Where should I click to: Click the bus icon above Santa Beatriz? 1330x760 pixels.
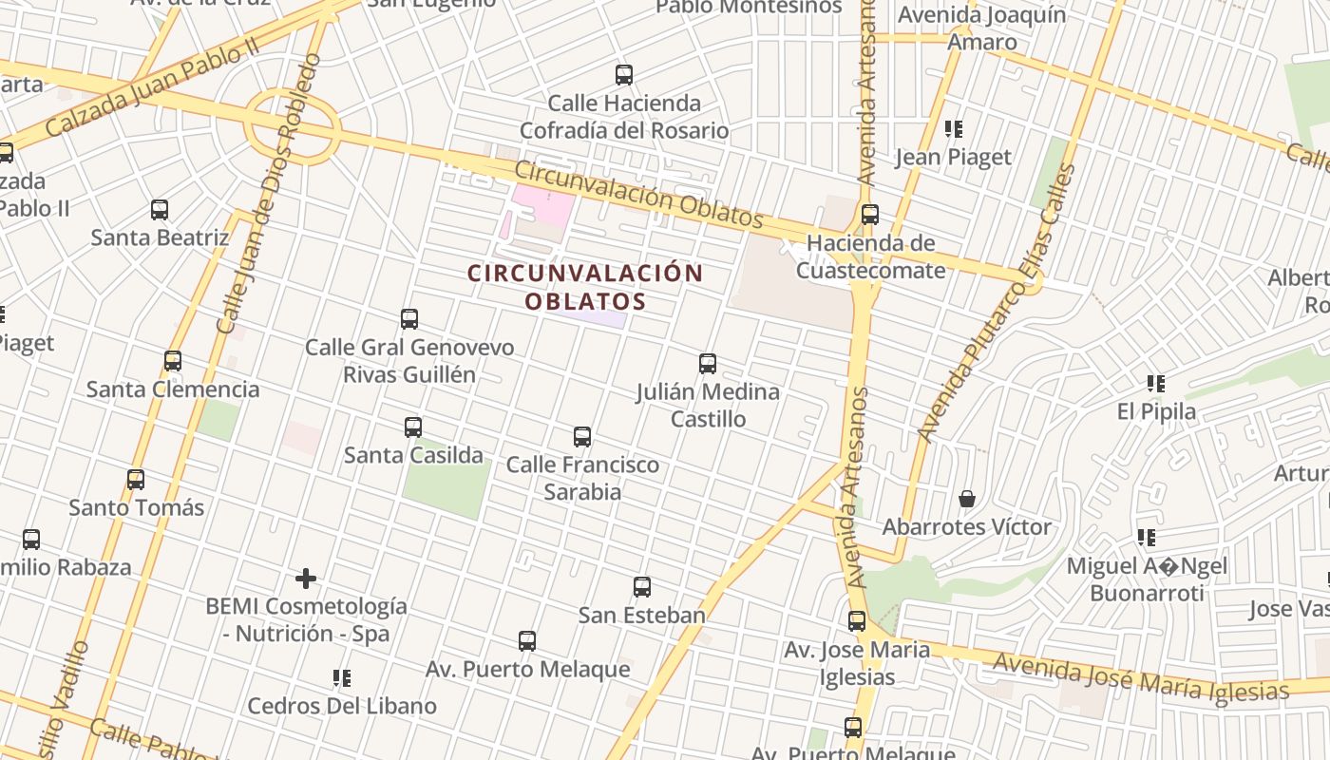point(160,210)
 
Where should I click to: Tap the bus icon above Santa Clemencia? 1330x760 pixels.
point(173,361)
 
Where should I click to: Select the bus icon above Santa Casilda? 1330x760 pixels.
point(413,427)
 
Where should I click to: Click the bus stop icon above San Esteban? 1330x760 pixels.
point(642,587)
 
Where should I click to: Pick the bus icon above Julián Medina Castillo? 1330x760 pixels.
point(708,363)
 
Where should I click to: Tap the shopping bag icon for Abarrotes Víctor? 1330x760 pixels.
point(967,499)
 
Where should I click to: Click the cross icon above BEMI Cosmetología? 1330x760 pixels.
point(306,578)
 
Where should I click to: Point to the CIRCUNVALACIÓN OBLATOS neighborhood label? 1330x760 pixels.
point(585,287)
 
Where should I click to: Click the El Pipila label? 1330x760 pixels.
point(1156,412)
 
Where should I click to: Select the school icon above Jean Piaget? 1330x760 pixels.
point(954,129)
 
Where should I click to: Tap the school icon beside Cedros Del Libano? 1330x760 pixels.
point(342,678)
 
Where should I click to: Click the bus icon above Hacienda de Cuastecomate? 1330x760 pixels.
point(869,215)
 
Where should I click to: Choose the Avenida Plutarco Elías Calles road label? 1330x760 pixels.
point(997,304)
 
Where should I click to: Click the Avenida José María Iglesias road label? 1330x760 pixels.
point(1140,676)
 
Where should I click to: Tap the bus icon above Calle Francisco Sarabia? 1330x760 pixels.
point(582,437)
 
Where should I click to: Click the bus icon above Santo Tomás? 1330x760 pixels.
point(136,480)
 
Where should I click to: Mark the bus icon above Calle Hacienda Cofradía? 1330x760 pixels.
point(624,75)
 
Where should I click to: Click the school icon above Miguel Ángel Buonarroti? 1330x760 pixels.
point(1147,539)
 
